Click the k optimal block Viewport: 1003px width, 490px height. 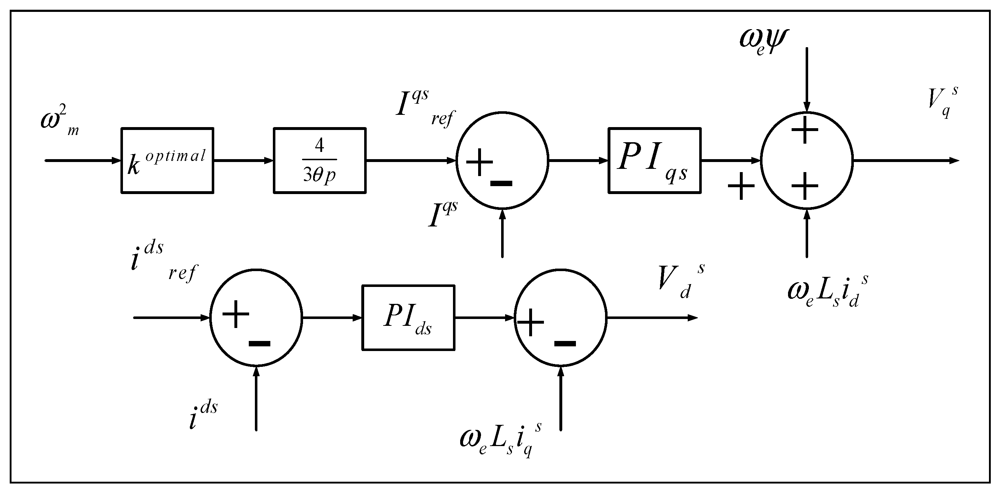[167, 160]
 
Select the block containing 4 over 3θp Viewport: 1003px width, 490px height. [319, 160]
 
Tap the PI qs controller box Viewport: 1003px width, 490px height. [654, 160]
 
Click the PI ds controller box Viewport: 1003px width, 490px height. [408, 318]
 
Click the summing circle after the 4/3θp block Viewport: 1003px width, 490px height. [502, 161]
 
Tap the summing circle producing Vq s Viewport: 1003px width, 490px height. [807, 161]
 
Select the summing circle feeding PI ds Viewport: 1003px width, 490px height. [256, 318]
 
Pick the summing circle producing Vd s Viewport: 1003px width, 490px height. [561, 318]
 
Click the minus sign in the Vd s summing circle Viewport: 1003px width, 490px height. [565, 343]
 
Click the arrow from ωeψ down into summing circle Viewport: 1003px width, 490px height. [807, 78]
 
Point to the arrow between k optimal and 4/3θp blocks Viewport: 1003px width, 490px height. [243, 160]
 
